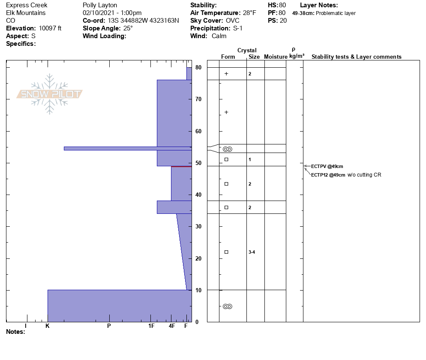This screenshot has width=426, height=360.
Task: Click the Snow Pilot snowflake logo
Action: (x=49, y=94)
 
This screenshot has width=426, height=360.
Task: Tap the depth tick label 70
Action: (x=198, y=99)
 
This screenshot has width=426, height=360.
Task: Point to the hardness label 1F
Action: (x=151, y=326)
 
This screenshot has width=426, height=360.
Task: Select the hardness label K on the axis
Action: (x=47, y=326)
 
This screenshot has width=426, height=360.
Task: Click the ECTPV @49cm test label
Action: (x=327, y=166)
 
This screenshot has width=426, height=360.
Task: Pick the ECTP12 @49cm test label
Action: (x=328, y=175)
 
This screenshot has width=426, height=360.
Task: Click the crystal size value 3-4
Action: (x=252, y=252)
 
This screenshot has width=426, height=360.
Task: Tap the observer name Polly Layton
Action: (x=100, y=5)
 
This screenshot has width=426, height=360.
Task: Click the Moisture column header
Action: (x=276, y=57)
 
